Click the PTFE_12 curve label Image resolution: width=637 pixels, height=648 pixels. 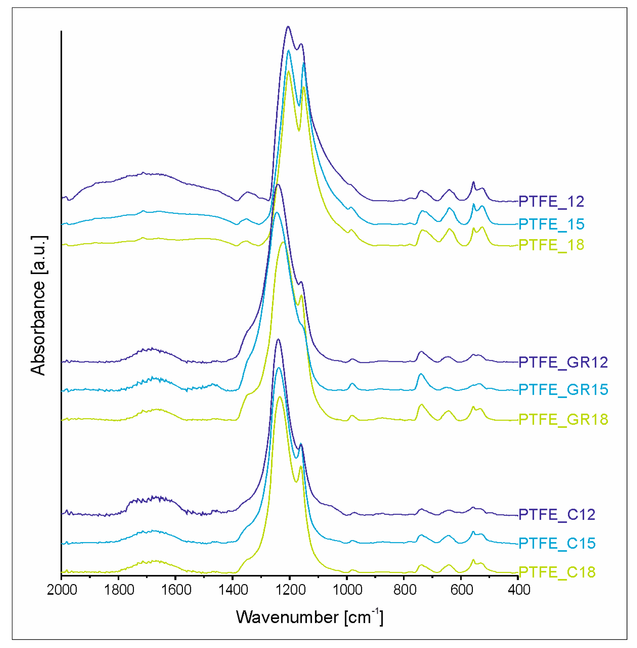(551, 201)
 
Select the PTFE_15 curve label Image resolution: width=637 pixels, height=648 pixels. (551, 224)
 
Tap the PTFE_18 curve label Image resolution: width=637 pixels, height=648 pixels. (551, 245)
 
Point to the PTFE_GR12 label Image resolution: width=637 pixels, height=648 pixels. (563, 362)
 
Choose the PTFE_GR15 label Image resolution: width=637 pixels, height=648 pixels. (563, 390)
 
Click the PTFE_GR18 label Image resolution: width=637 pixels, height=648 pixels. (563, 419)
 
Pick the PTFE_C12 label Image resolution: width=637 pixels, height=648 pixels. (557, 514)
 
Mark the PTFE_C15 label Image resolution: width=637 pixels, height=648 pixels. (557, 543)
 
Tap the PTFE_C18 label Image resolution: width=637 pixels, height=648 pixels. (557, 572)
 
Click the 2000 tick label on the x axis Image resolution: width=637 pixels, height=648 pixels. (62, 590)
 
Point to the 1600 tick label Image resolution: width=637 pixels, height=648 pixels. (176, 590)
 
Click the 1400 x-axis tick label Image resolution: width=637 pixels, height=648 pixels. (233, 590)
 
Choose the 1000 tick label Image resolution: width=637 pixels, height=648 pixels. (347, 590)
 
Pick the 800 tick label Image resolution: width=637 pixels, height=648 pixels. (405, 590)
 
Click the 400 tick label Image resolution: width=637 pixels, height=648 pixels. (519, 590)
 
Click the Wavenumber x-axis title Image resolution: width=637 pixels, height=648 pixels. (309, 617)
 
